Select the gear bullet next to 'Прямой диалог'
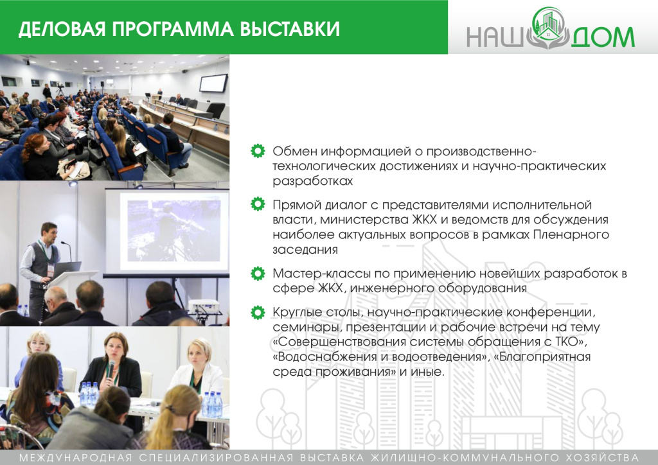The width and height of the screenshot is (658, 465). coord(258,205)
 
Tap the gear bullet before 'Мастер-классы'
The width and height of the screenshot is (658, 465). coord(258,274)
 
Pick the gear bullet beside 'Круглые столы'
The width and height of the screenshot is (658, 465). coord(258,313)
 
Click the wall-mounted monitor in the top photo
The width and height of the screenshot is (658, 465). coord(213,83)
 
